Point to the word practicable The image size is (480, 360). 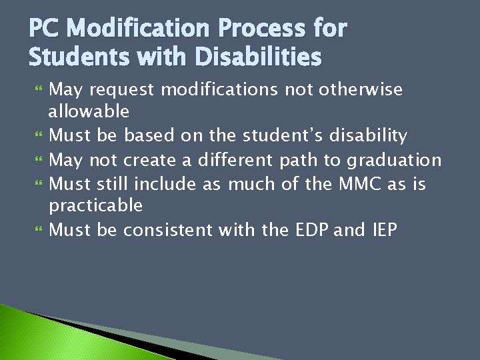(x=96, y=205)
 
